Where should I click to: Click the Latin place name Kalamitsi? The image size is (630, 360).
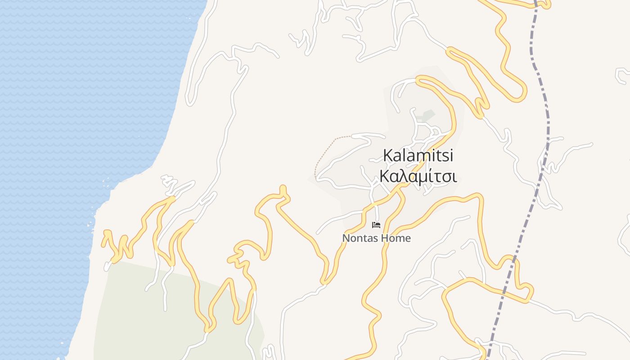click(418, 156)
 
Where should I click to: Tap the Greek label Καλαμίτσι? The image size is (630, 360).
click(418, 176)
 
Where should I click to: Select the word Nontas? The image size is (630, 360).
click(357, 238)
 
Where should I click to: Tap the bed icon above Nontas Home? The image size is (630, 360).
click(376, 225)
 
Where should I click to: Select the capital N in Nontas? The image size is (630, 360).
click(346, 238)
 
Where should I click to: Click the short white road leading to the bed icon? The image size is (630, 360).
click(377, 214)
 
